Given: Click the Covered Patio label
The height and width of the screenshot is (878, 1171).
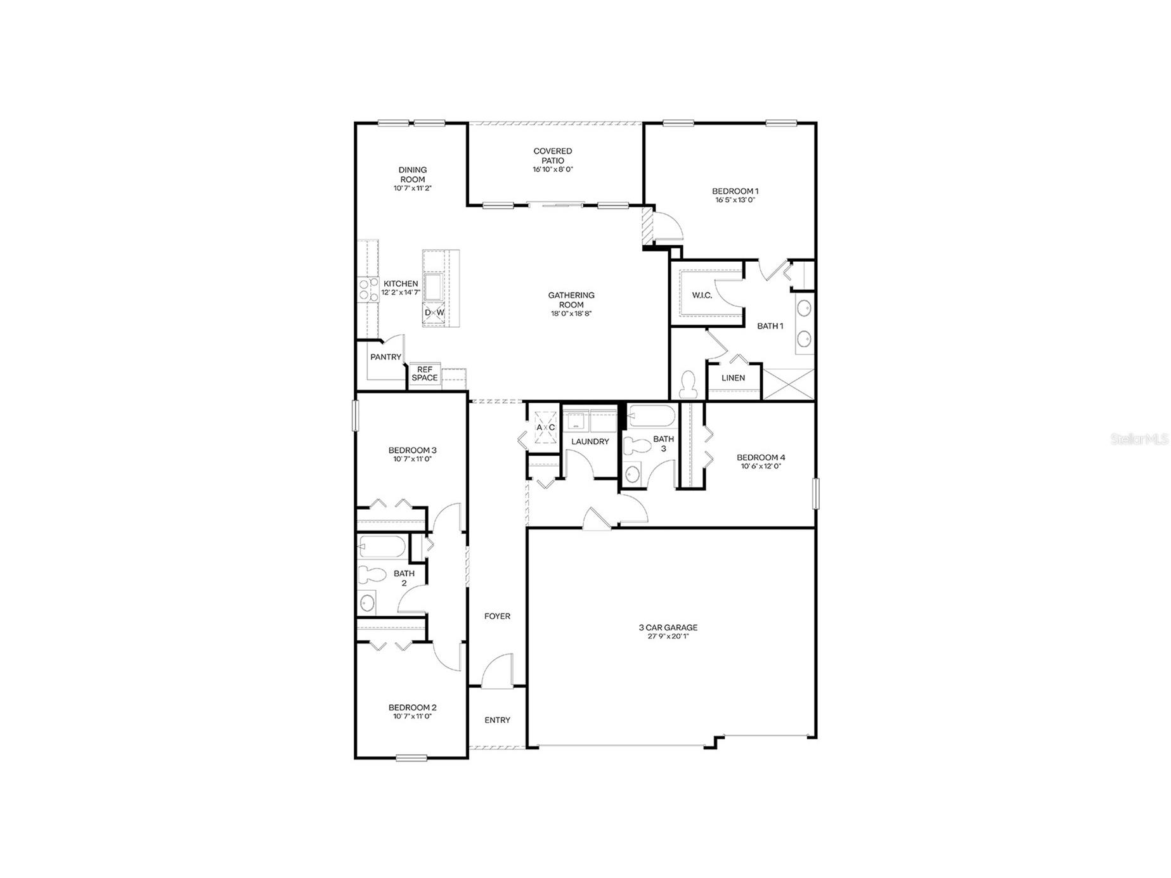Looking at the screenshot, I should (552, 155).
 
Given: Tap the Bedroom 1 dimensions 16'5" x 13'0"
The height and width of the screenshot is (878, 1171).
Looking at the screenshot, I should (735, 200).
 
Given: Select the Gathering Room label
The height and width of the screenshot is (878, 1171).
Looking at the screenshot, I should (571, 299).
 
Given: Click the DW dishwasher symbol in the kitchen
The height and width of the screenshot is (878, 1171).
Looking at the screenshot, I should (434, 313).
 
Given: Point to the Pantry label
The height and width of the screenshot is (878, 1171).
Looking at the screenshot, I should (385, 357).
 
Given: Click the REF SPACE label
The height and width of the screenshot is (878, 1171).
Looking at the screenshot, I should (424, 373).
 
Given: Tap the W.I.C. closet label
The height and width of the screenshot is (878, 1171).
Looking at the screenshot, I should (702, 295).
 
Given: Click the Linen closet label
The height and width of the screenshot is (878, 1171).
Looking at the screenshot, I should (733, 378).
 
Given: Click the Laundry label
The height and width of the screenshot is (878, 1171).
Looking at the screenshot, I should (590, 441).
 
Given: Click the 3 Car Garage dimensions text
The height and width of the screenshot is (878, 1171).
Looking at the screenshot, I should (668, 636).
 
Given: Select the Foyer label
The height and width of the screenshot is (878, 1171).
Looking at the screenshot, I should (497, 616).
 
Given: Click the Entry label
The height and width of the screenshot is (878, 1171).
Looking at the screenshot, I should (497, 720).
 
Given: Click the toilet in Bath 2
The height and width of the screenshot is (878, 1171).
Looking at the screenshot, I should (372, 575).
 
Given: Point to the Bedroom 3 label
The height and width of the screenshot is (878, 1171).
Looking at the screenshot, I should (412, 450).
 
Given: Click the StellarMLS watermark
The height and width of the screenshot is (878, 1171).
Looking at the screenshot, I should (1139, 439).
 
